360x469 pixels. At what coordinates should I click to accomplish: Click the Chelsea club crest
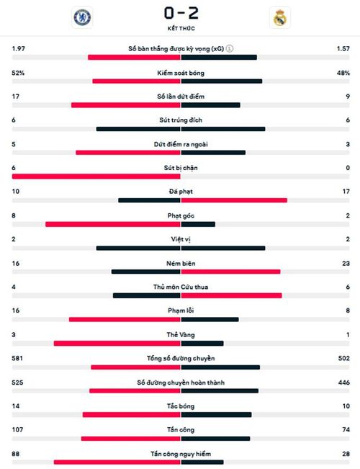82,17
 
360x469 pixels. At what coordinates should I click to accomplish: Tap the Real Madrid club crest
280,17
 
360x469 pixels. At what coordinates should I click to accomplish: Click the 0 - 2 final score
181,13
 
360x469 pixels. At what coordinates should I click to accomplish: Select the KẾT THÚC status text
181,28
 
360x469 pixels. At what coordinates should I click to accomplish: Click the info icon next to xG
230,48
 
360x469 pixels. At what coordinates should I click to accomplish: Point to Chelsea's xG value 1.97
18,48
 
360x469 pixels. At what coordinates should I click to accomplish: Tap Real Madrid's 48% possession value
343,73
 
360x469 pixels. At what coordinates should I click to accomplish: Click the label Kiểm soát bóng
181,73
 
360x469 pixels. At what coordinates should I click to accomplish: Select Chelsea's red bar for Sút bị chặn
96,177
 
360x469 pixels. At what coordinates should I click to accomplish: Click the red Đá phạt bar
234,200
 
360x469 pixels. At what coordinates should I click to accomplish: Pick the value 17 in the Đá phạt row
346,191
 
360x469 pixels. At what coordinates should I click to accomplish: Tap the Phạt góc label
181,215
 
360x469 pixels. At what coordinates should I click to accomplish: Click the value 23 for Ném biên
346,263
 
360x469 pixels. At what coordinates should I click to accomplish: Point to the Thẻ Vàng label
181,335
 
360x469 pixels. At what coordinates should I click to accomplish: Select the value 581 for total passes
17,358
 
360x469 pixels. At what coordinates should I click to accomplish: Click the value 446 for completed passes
344,383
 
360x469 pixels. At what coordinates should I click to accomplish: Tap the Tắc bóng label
181,406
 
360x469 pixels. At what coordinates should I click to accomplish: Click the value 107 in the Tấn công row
17,429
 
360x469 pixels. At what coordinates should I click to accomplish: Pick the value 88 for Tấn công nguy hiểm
16,454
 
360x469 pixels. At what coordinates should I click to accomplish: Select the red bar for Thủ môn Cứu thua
231,295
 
